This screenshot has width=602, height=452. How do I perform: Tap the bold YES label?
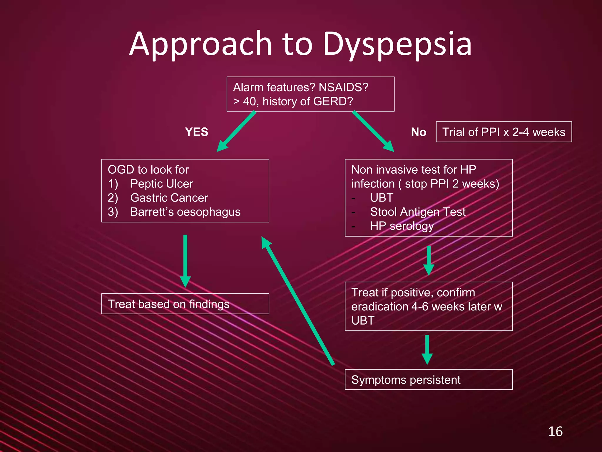click(197, 132)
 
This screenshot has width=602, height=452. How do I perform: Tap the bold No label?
click(419, 132)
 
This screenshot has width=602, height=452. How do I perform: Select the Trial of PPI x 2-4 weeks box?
click(504, 132)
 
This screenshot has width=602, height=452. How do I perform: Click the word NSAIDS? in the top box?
click(343, 87)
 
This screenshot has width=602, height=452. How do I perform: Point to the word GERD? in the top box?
click(333, 102)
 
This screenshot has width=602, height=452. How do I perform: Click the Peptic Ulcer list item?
click(162, 184)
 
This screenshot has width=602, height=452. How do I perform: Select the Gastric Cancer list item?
click(169, 198)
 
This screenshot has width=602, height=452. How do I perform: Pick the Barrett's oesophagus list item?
click(185, 212)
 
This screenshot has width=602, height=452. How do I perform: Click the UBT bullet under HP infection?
click(382, 198)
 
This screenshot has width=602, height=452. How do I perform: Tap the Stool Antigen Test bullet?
click(418, 212)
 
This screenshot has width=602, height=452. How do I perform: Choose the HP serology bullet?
click(402, 226)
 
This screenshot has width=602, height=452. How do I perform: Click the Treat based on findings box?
click(185, 304)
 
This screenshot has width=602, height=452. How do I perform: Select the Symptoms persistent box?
click(428, 380)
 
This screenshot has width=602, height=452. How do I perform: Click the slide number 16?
click(555, 431)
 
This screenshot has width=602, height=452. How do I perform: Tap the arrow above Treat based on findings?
click(185, 260)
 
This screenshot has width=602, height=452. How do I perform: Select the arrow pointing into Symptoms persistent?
click(427, 350)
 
